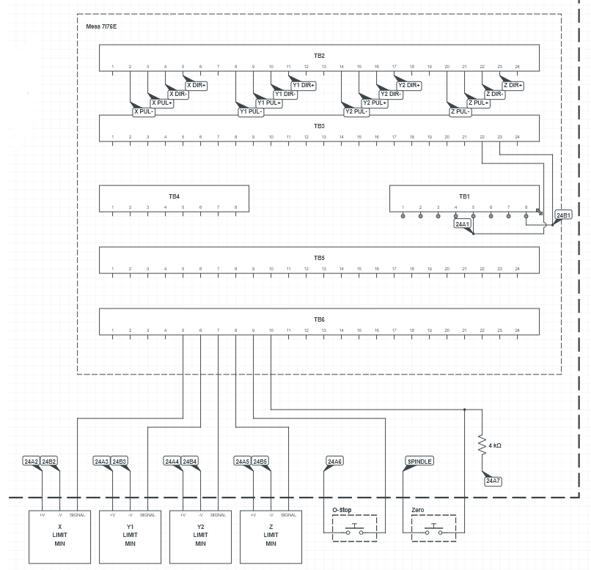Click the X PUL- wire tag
pos(144,112)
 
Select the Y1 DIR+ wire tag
pos(304,86)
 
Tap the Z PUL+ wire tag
pos(478,103)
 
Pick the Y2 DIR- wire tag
pos(391,95)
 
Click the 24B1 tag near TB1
pos(563,215)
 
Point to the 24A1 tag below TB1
pos(463,225)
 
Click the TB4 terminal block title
pos(174,196)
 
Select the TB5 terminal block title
pos(319,258)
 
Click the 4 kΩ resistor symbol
pos(482,445)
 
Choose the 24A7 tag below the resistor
pos(493,481)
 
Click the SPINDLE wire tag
pos(419,462)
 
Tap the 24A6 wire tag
pos(334,462)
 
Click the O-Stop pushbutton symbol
pos(355,528)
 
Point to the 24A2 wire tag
pos(31,462)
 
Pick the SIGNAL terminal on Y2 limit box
pos(218,515)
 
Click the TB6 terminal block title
pos(319,319)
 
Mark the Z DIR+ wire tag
pos(513,86)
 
